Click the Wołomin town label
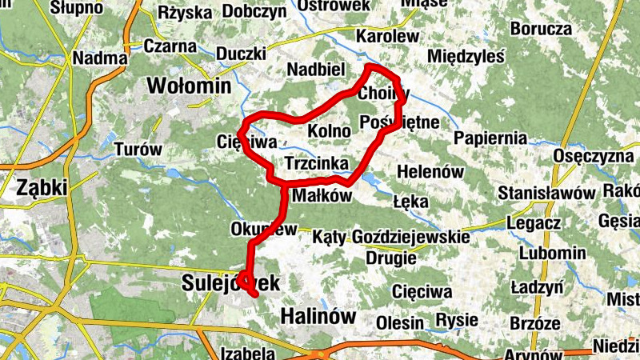(x=189, y=85)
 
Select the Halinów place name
(x=318, y=317)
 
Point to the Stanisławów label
(x=546, y=194)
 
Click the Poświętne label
(x=400, y=122)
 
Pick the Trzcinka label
(x=316, y=164)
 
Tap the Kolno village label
(x=329, y=130)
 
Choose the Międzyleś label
(x=466, y=57)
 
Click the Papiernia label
(x=490, y=138)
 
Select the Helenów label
(x=430, y=171)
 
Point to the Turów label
(x=138, y=149)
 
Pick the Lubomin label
(x=551, y=253)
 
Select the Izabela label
(x=247, y=353)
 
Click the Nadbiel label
(x=319, y=69)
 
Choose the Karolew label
(x=387, y=37)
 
